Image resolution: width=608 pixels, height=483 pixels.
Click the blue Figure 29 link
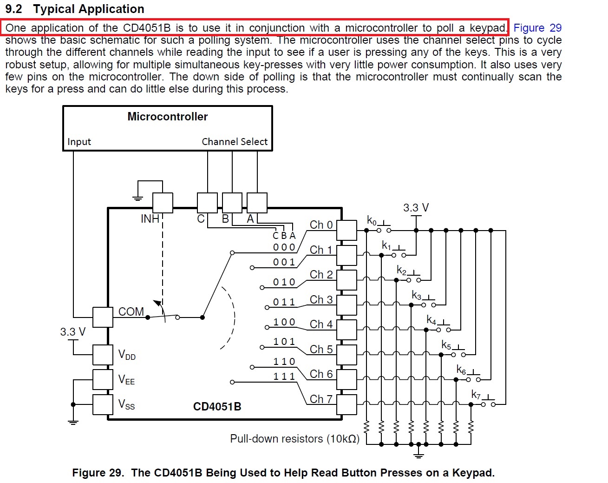pyautogui.click(x=537, y=28)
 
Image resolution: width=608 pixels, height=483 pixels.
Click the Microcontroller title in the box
pyautogui.click(x=167, y=117)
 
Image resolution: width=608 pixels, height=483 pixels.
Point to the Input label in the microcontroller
pyautogui.click(x=79, y=142)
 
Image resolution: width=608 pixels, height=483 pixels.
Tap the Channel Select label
pyautogui.click(x=235, y=142)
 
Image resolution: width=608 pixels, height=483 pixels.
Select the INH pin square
pyautogui.click(x=163, y=203)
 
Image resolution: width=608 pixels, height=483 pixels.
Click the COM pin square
pyautogui.click(x=103, y=317)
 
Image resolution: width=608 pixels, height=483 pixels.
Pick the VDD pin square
pyautogui.click(x=103, y=355)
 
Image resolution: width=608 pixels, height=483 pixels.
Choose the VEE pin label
pyautogui.click(x=126, y=380)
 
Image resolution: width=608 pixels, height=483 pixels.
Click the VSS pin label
pyautogui.click(x=126, y=404)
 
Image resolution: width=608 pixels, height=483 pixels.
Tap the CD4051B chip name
pyautogui.click(x=217, y=407)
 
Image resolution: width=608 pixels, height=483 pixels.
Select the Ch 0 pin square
pyautogui.click(x=346, y=230)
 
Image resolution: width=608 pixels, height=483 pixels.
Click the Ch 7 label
pyautogui.click(x=321, y=399)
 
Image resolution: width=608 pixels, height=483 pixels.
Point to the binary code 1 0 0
pyautogui.click(x=284, y=322)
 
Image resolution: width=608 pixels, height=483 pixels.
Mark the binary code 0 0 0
pyautogui.click(x=284, y=247)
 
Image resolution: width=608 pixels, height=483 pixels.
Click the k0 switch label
pyautogui.click(x=372, y=220)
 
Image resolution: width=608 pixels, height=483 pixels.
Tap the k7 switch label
pyautogui.click(x=476, y=395)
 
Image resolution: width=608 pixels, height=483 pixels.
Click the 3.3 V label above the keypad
pyautogui.click(x=416, y=208)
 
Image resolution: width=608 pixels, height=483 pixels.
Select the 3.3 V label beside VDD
pyautogui.click(x=73, y=332)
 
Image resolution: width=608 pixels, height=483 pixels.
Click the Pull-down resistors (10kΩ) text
pyautogui.click(x=294, y=439)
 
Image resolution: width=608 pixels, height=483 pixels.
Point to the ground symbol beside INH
pyautogui.click(x=137, y=198)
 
